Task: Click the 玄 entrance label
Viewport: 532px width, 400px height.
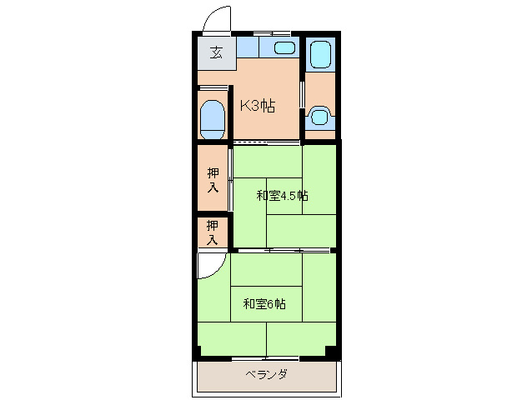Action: pos(216,53)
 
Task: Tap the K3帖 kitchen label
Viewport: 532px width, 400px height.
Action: pos(258,106)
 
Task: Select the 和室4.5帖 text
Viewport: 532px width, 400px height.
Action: pos(282,196)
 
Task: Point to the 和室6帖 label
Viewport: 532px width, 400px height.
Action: pos(264,303)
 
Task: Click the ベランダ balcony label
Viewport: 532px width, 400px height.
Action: pos(266,374)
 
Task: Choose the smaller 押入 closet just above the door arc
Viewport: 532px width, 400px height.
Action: pos(213,232)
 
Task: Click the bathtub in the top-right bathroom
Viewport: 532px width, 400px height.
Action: pos(320,55)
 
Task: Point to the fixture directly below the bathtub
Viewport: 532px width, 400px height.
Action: pos(319,116)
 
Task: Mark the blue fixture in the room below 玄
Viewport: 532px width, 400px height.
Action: pos(213,119)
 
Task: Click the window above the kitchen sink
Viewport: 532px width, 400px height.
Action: pos(272,33)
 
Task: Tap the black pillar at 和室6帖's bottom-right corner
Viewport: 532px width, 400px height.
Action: pos(332,352)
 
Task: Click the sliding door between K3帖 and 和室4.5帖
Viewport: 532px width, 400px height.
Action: pos(267,142)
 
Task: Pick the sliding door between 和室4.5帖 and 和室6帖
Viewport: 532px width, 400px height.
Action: pos(284,249)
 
